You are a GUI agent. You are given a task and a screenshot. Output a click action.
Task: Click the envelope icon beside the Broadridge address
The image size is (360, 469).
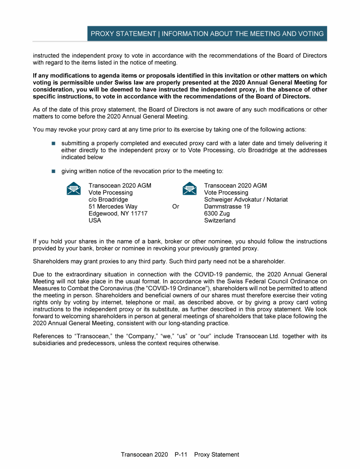73,189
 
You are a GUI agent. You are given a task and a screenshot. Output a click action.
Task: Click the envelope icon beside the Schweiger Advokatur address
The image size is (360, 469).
189,189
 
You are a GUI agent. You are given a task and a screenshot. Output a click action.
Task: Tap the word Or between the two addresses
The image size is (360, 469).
176,206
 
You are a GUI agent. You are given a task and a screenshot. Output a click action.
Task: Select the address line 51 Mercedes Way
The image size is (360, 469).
113,206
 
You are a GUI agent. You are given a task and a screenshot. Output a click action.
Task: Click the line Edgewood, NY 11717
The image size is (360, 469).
118,213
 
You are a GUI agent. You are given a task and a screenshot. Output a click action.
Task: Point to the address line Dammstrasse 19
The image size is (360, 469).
227,206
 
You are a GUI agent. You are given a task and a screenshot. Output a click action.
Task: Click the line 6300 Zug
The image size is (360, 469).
217,213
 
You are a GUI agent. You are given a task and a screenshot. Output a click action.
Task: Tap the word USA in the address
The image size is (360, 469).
95,220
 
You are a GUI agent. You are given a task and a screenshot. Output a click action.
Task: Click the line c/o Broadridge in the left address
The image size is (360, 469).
108,199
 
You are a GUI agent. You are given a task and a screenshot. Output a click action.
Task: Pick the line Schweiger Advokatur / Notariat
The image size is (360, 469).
246,199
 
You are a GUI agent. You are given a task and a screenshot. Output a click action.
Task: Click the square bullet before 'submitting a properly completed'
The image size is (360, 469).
53,143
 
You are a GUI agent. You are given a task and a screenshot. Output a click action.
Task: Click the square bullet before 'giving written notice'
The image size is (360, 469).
53,171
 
